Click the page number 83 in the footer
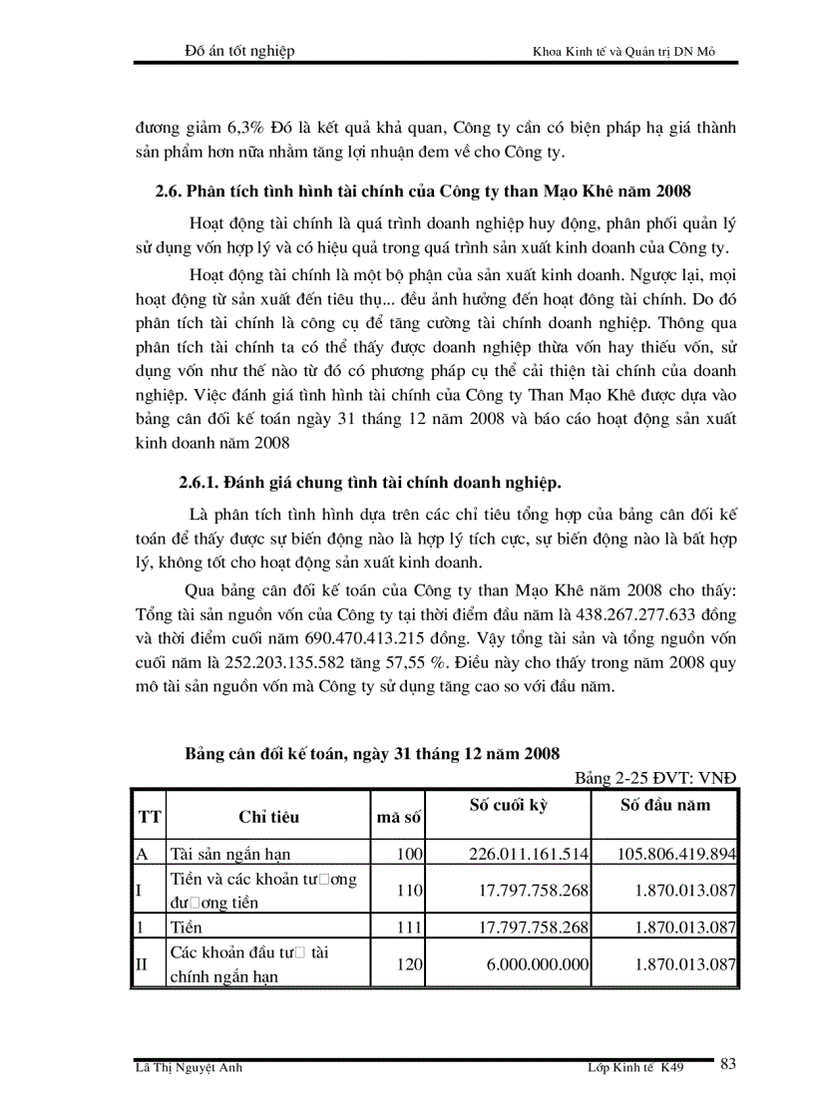coord(727,1065)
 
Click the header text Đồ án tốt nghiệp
coord(240,51)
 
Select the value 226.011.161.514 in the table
coord(530,854)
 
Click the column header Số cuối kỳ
coord(509,805)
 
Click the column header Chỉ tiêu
coord(268,818)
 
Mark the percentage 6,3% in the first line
coord(236,129)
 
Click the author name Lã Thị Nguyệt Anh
coord(190,1068)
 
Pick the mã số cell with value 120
coord(410,964)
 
